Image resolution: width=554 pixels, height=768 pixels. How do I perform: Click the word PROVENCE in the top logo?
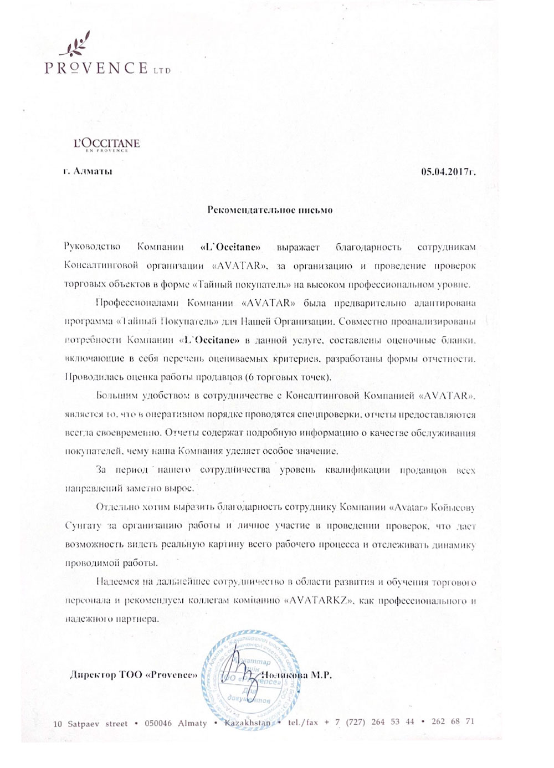(95, 68)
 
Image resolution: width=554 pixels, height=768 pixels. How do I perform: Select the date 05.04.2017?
(448, 172)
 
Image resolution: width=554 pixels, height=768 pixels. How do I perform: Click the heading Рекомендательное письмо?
(270, 210)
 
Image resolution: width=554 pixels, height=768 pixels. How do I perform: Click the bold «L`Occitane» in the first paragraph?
(229, 247)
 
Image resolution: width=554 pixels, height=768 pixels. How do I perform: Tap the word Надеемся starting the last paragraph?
(115, 582)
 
